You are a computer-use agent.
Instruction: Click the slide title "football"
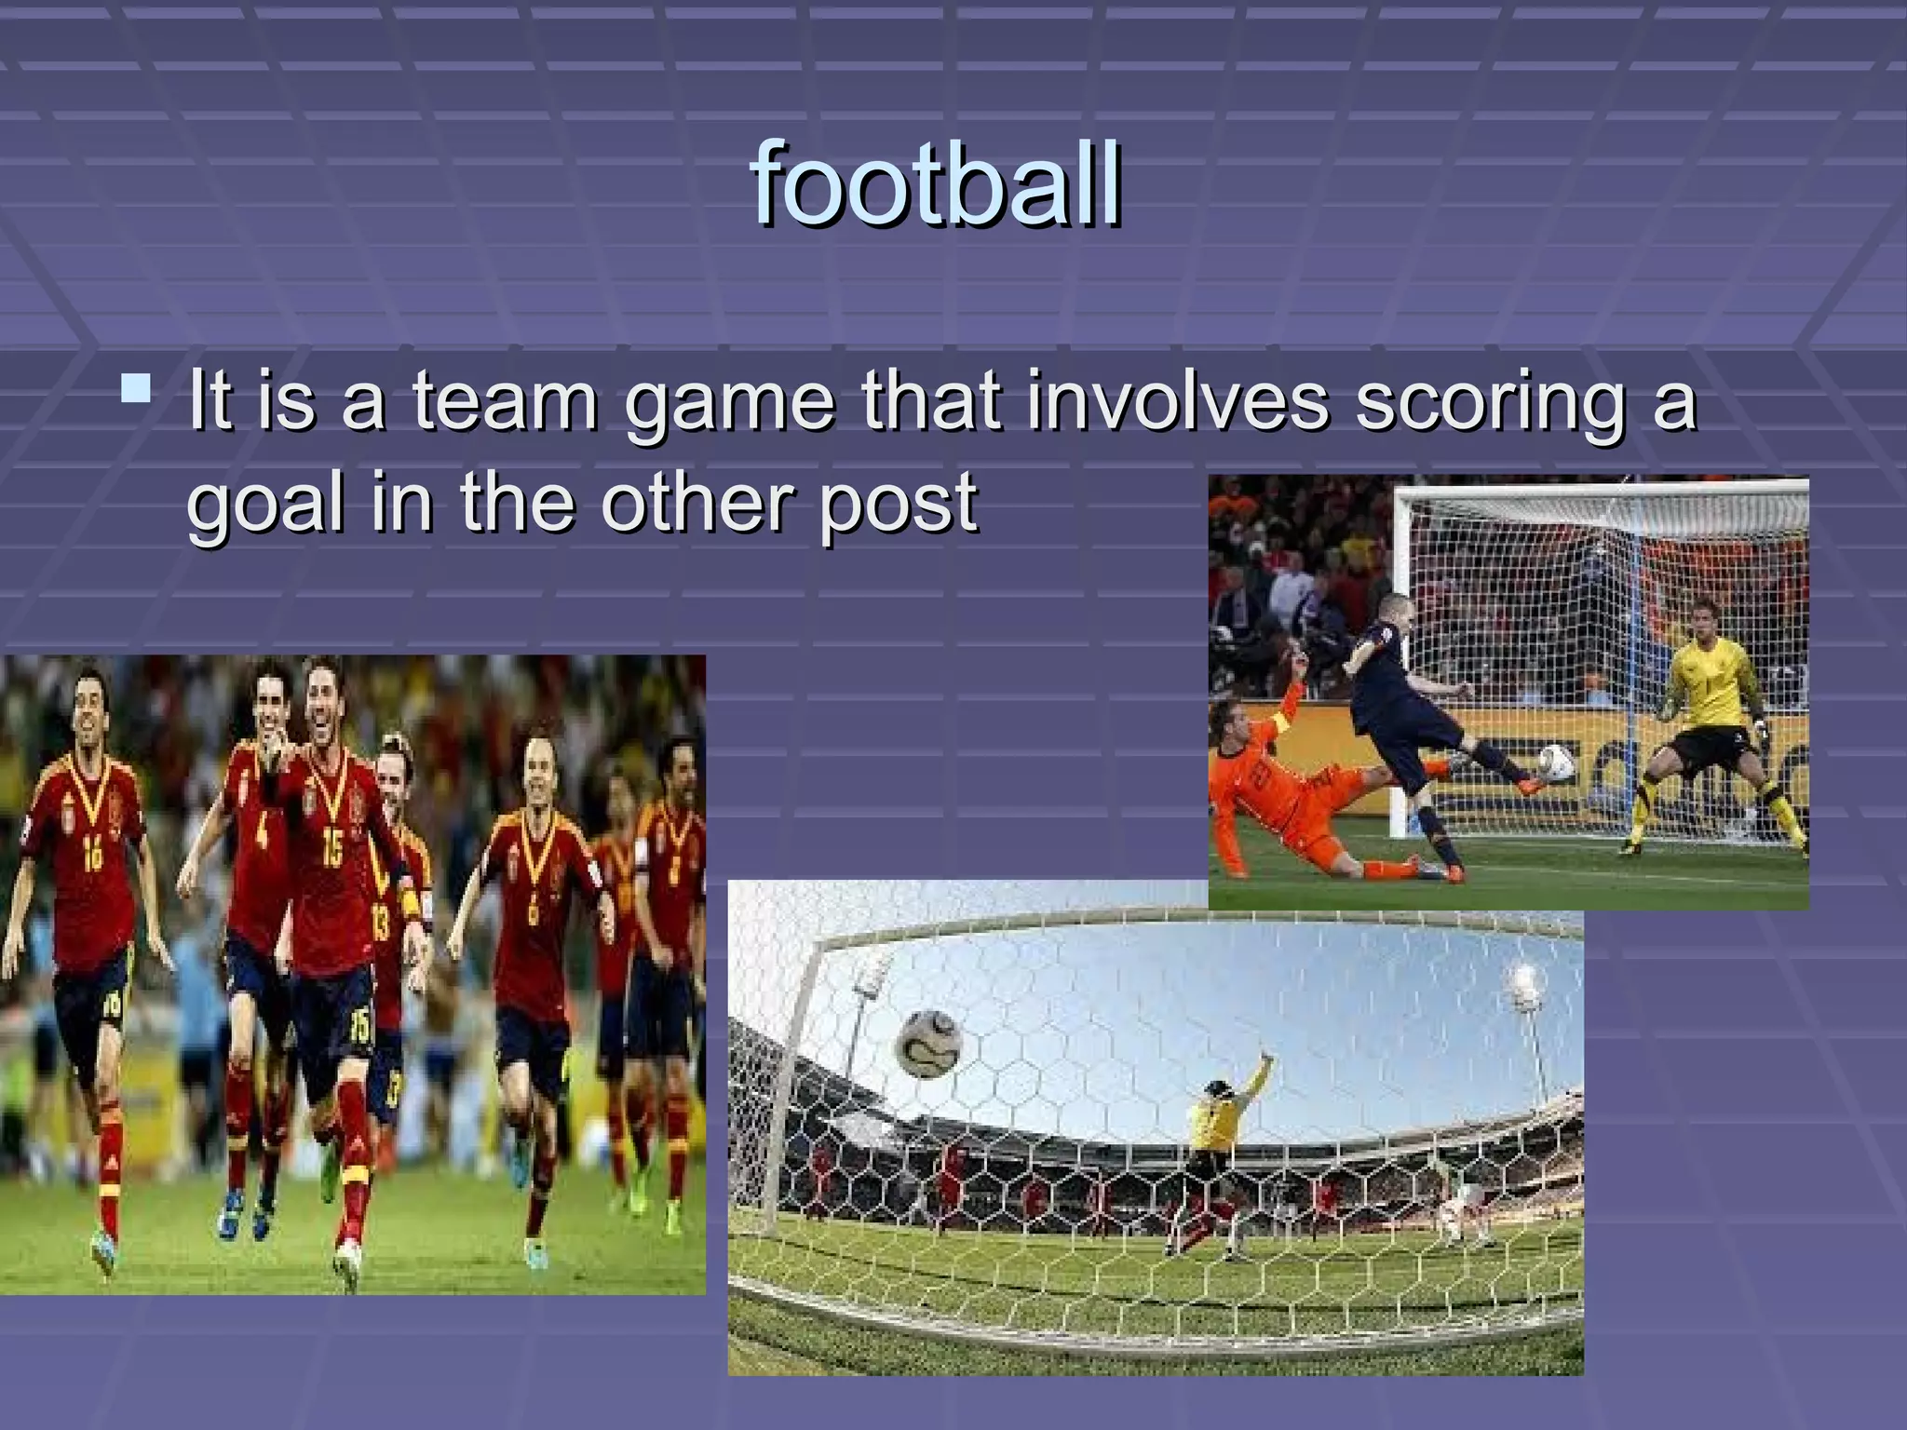click(936, 184)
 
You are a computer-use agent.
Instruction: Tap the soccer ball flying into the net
click(928, 1044)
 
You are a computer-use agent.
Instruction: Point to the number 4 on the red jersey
click(262, 831)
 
